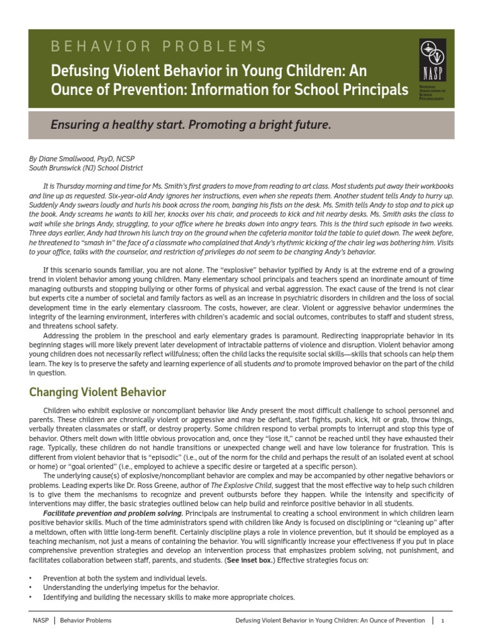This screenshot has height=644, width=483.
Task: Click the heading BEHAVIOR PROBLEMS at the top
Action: point(158,46)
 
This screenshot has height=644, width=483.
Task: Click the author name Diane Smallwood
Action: point(70,159)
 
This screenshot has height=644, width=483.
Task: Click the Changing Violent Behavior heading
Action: point(97,392)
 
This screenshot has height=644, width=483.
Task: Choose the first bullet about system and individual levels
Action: point(125,578)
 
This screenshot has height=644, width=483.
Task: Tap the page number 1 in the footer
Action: point(443,621)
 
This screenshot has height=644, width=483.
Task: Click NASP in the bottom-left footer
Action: point(40,621)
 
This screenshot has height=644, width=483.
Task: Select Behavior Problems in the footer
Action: point(86,621)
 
